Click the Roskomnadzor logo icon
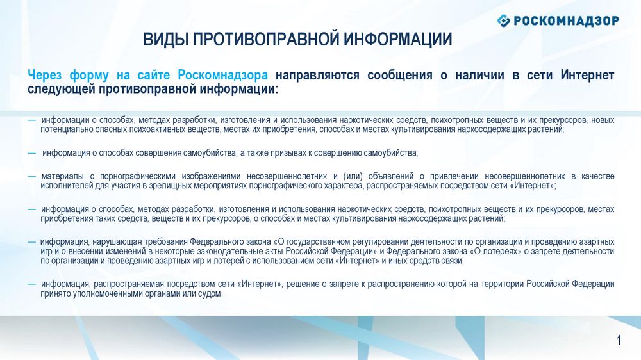pyautogui.click(x=504, y=20)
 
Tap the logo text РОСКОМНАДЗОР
pyautogui.click(x=566, y=20)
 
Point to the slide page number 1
pyautogui.click(x=619, y=340)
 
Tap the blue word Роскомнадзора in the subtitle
pyautogui.click(x=223, y=75)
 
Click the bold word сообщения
pyautogui.click(x=400, y=75)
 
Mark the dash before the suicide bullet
pyautogui.click(x=32, y=153)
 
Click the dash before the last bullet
pyautogui.click(x=32, y=284)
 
